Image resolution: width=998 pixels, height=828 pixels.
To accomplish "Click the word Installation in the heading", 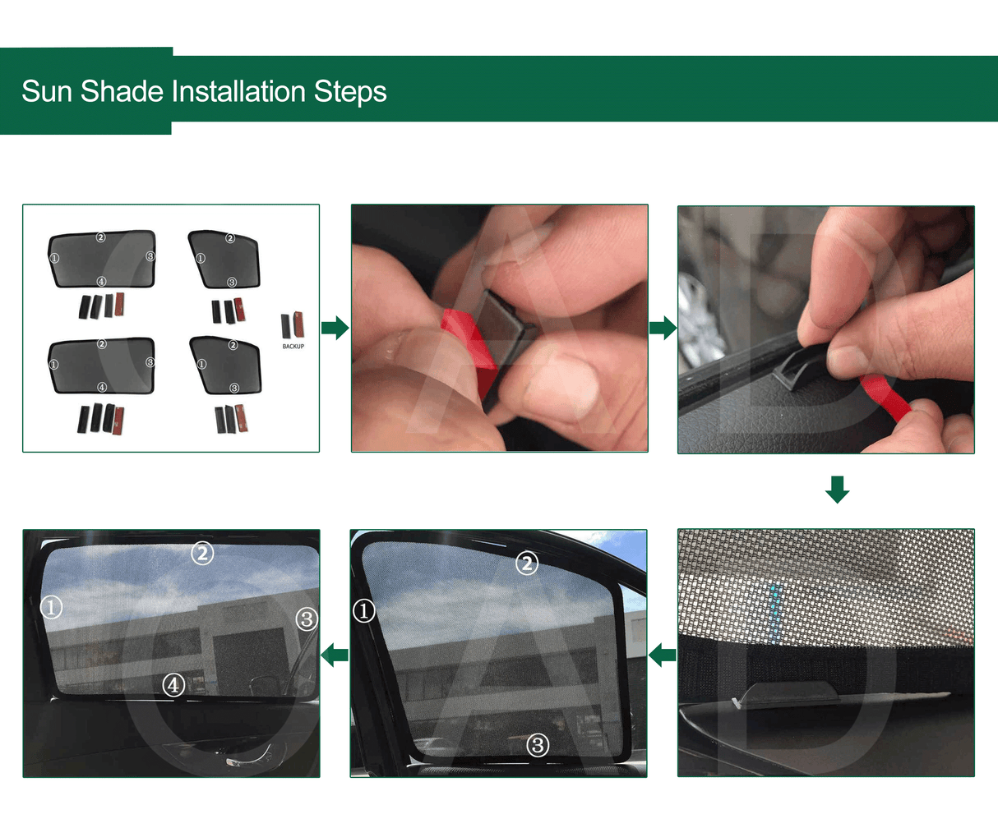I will (238, 91).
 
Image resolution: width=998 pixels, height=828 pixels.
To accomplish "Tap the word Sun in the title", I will (47, 91).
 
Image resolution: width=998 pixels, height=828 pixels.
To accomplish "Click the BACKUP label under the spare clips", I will (293, 347).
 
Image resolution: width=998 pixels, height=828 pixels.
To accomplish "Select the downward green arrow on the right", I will (837, 490).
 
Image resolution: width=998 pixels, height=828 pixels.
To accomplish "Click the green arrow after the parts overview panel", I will (335, 329).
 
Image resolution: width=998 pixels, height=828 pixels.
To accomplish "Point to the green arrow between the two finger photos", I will (663, 329).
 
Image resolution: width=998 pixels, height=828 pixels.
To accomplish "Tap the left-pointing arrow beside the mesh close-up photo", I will (663, 655).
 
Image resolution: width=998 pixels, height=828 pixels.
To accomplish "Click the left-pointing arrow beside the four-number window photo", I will (335, 655).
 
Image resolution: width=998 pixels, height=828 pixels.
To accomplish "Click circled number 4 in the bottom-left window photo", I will (173, 684).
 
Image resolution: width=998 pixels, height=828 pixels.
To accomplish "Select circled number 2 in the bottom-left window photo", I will (202, 553).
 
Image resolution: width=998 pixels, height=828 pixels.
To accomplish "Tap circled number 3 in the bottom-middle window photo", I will (537, 745).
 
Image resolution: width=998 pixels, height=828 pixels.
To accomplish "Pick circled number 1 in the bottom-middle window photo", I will (364, 610).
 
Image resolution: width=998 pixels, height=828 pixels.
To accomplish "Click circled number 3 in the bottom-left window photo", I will (306, 619).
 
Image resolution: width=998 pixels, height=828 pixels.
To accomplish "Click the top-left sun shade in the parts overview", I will (102, 259).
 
